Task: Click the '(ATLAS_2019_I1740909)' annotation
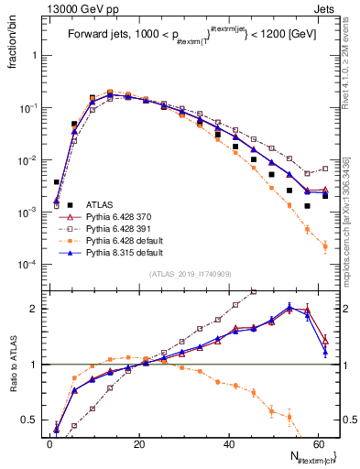coord(189,274)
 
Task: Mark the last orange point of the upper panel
coord(325,245)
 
